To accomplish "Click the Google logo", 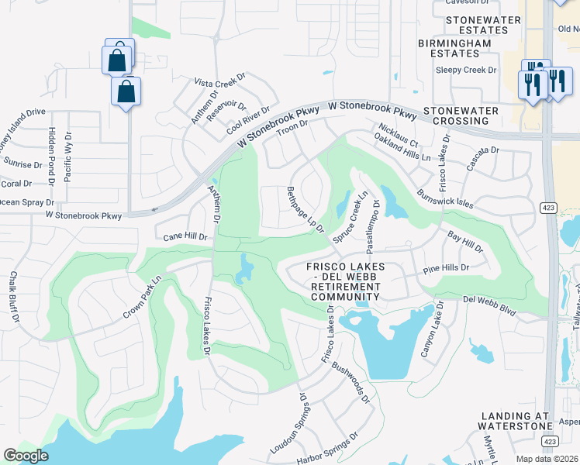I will [x=26, y=456].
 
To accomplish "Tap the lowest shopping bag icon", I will [x=126, y=91].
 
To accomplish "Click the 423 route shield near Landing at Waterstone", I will [x=549, y=441].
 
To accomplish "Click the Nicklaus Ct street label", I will [x=399, y=134].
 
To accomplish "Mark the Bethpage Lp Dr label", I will [x=304, y=208].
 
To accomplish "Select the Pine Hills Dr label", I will [x=446, y=268].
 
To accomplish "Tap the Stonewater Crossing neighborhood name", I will [x=461, y=115].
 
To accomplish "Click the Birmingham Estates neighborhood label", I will [x=454, y=48].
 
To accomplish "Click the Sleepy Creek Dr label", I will [x=465, y=70].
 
